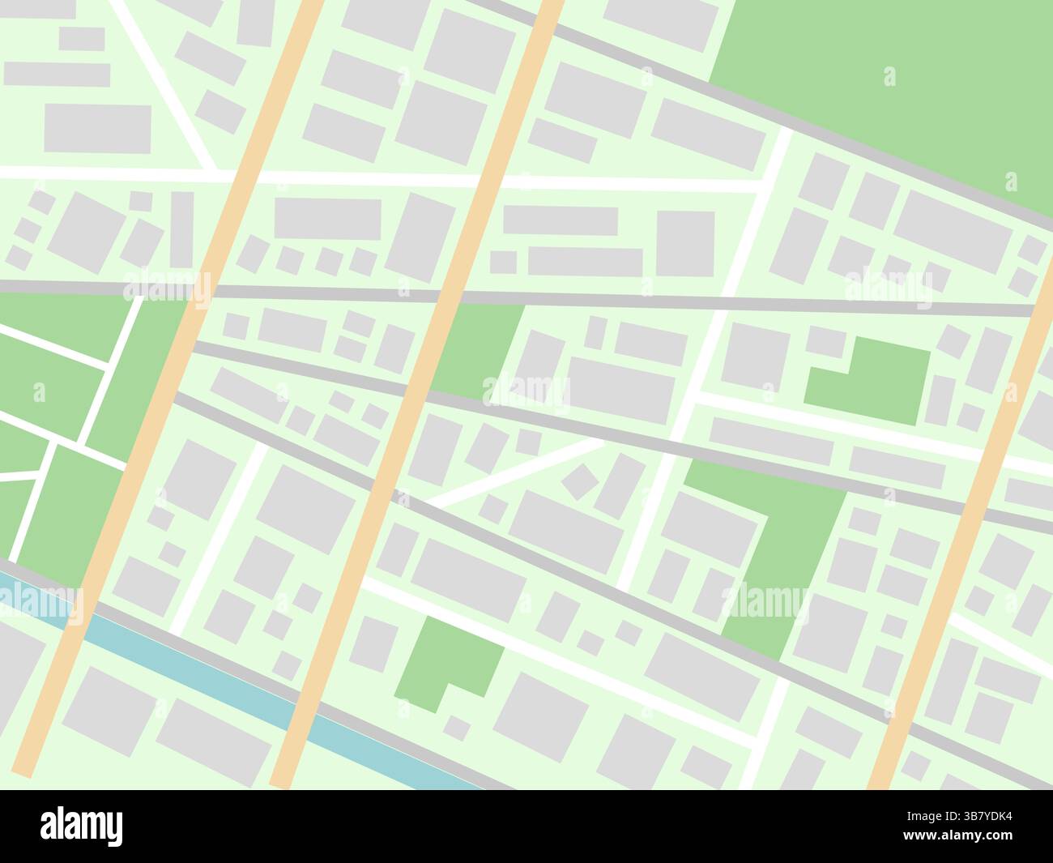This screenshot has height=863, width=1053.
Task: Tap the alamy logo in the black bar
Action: click(81, 827)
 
